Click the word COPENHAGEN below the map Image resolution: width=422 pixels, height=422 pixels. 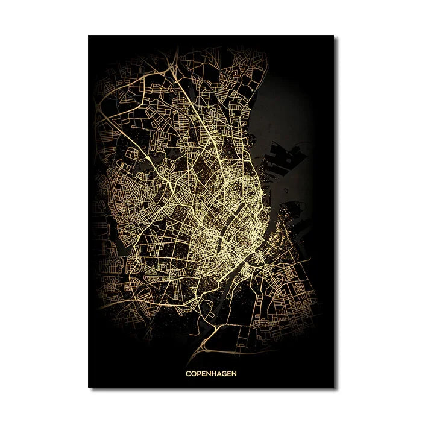click(x=211, y=373)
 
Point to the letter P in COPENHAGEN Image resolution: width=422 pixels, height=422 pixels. click(x=198, y=373)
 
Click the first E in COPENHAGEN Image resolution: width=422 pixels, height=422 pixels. click(x=203, y=373)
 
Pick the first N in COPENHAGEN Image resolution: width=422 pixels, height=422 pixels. click(x=209, y=373)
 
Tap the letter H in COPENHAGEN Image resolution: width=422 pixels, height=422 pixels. click(x=214, y=373)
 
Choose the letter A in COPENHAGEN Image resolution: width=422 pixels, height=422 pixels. click(x=219, y=373)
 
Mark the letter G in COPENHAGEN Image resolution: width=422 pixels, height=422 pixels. click(x=225, y=373)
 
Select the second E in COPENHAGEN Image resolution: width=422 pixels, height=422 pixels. click(x=230, y=373)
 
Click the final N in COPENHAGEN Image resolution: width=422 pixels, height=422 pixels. click(x=235, y=373)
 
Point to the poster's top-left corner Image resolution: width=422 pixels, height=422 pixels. click(x=89, y=36)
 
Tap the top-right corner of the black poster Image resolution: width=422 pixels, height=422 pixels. click(x=333, y=36)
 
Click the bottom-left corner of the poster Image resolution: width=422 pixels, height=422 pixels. click(x=89, y=387)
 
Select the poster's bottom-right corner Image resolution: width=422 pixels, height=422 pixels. click(x=333, y=387)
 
